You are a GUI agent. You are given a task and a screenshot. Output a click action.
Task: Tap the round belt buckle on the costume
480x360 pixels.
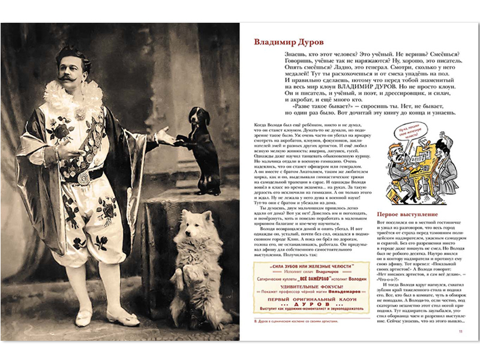(83, 178)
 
